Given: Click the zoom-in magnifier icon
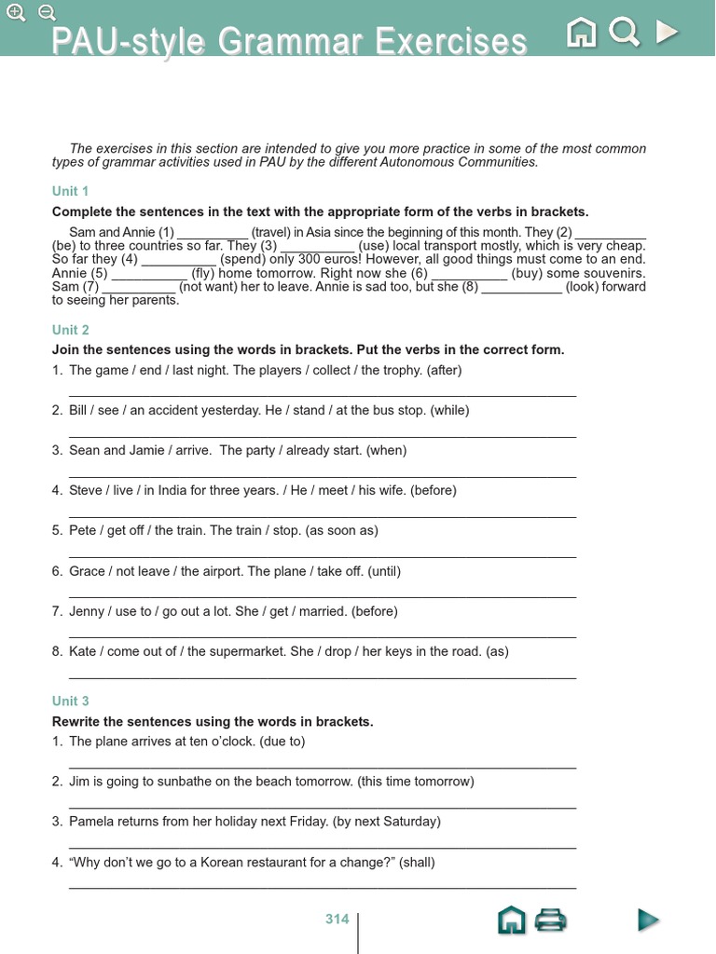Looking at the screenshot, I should click(16, 12).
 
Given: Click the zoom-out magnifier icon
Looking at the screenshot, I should click(47, 12).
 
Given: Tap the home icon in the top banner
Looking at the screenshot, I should click(582, 34).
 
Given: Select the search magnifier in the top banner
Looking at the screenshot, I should click(624, 34).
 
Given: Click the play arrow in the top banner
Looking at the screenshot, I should click(666, 34).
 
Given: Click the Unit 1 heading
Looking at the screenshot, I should click(71, 191).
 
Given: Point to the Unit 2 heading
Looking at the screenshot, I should click(71, 330).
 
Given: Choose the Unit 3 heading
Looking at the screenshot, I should click(71, 701).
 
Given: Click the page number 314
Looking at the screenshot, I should click(337, 919).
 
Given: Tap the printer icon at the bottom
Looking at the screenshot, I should click(551, 920).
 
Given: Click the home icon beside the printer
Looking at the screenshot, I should click(511, 920).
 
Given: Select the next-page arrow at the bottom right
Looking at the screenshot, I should click(648, 920).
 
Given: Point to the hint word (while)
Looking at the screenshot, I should click(450, 410).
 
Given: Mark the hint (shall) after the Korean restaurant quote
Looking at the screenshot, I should click(417, 863).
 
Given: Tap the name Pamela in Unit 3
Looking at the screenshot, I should click(92, 822).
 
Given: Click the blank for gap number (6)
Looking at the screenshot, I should click(469, 273).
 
